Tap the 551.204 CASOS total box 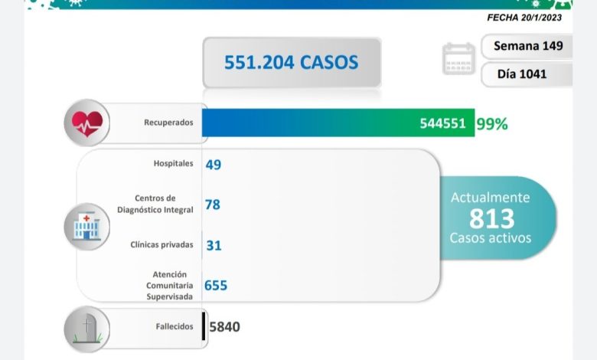pyautogui.click(x=291, y=62)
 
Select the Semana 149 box pyautogui.click(x=527, y=45)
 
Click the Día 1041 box pyautogui.click(x=527, y=74)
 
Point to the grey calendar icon pyautogui.click(x=458, y=59)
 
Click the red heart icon pyautogui.click(x=86, y=123)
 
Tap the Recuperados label pyautogui.click(x=168, y=123)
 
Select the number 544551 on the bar pyautogui.click(x=442, y=123)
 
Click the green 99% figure pyautogui.click(x=491, y=123)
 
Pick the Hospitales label pyautogui.click(x=173, y=163)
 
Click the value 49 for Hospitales pyautogui.click(x=213, y=164)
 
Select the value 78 pyautogui.click(x=213, y=205)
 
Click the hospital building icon pyautogui.click(x=86, y=225)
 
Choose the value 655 pyautogui.click(x=216, y=285)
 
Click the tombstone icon pyautogui.click(x=86, y=327)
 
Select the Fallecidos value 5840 pyautogui.click(x=224, y=327)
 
